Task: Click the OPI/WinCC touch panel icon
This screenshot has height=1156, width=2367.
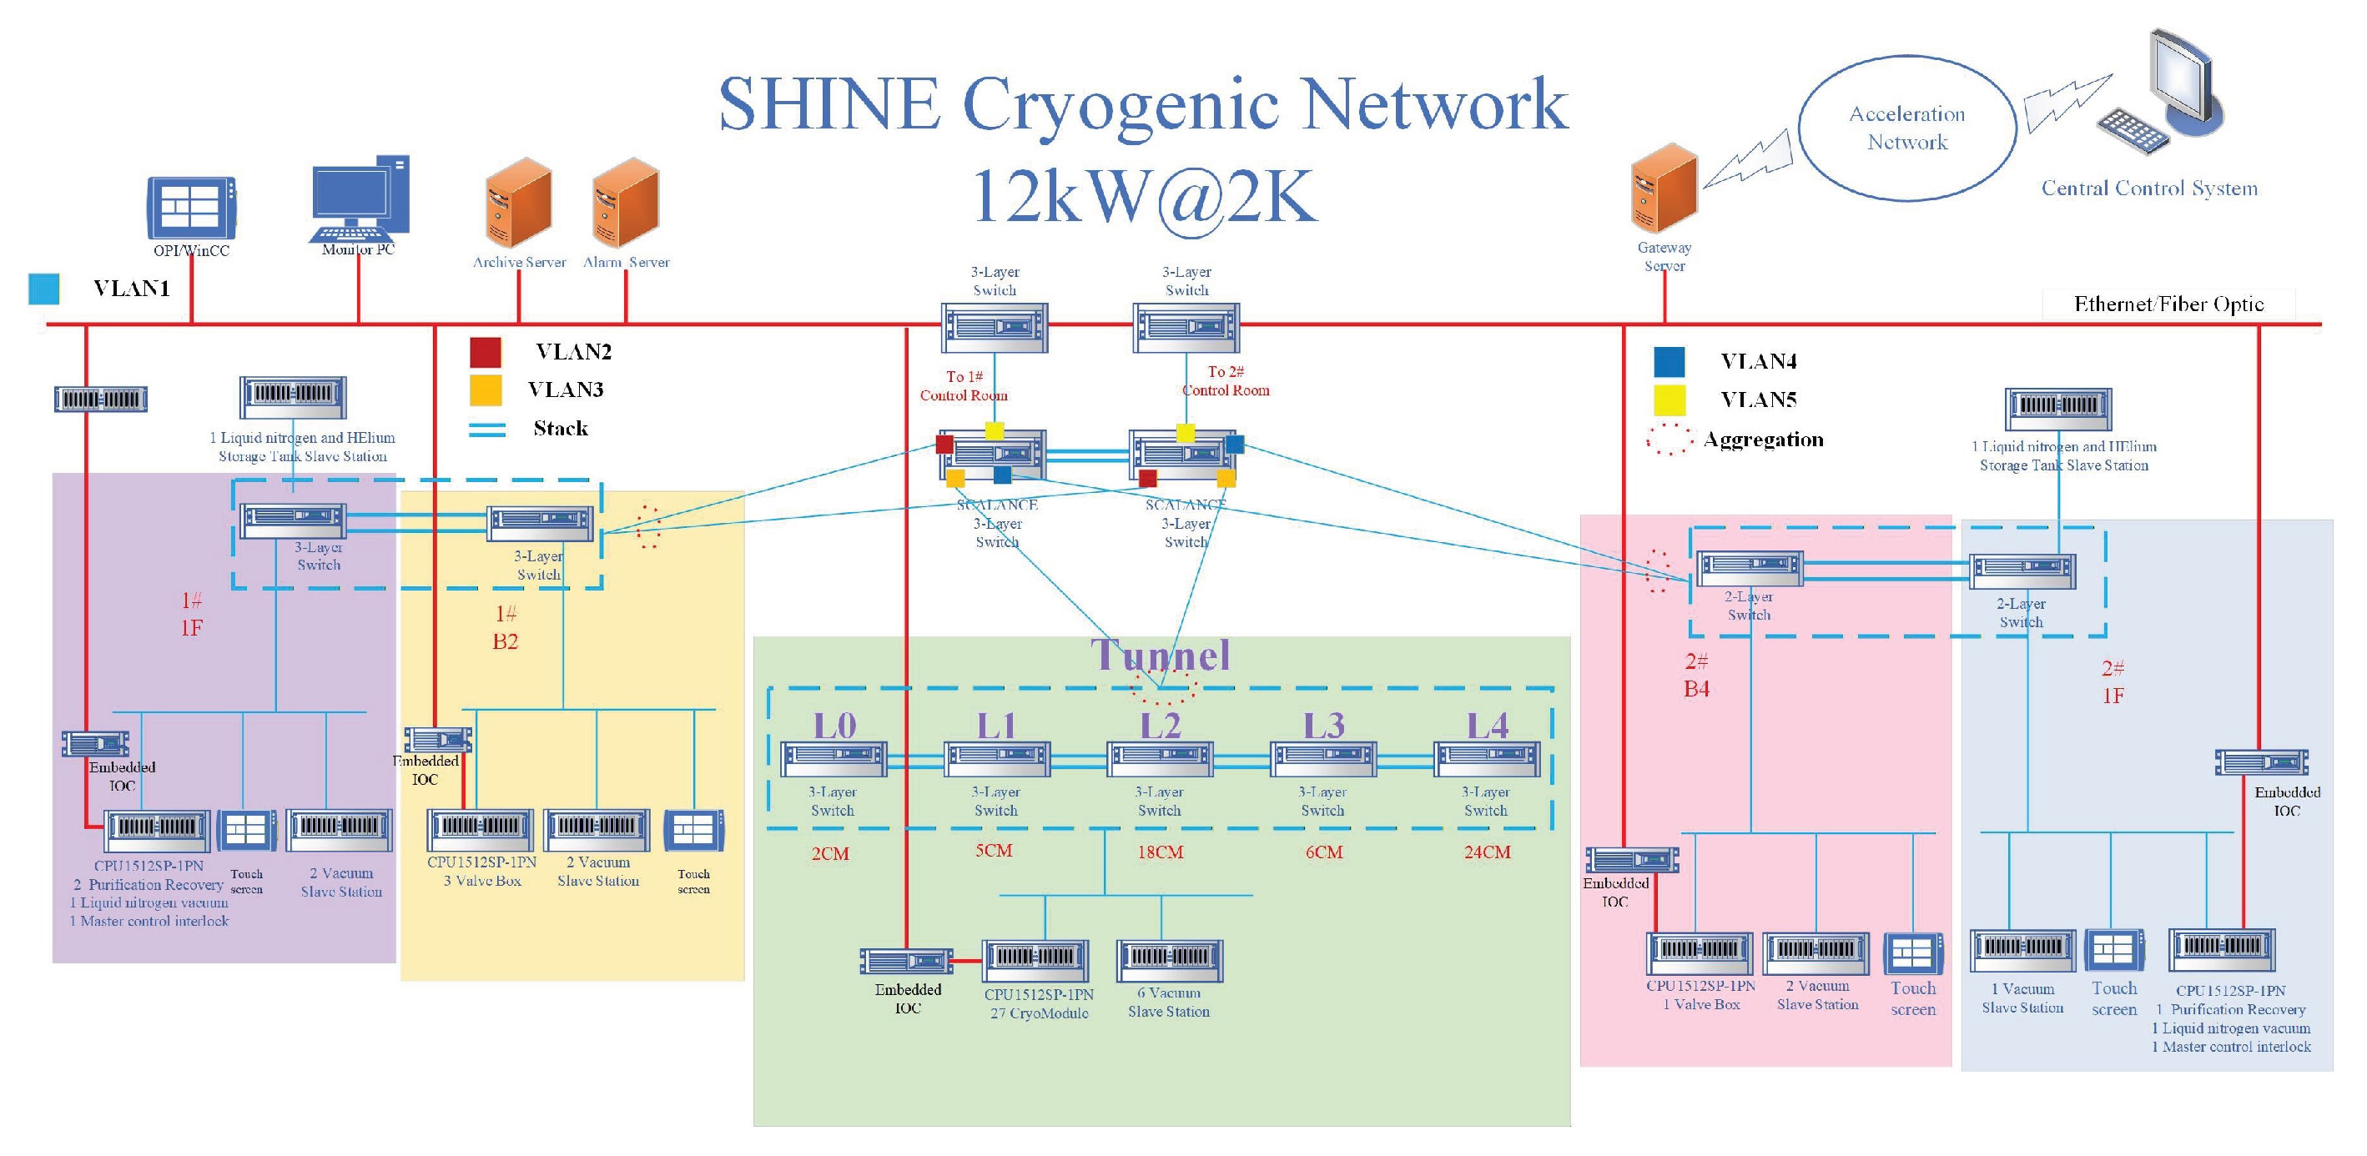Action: click(191, 208)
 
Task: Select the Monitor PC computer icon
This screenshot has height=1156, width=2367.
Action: click(360, 199)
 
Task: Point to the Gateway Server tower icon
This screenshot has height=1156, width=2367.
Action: click(1664, 188)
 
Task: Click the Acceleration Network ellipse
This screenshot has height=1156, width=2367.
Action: click(1906, 128)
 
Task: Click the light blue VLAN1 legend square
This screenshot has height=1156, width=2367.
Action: click(44, 289)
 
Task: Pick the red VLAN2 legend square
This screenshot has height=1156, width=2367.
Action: click(485, 352)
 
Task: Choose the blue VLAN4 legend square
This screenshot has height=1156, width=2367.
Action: click(1669, 362)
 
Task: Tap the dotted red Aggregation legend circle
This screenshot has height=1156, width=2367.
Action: click(1669, 440)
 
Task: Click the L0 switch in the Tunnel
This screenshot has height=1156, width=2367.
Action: click(833, 759)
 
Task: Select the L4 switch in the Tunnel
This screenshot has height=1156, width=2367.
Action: click(1487, 759)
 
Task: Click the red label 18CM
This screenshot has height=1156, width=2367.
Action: click(1160, 852)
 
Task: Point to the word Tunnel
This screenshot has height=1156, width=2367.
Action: click(1160, 656)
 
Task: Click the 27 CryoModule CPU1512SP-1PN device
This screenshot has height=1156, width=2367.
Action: click(1035, 959)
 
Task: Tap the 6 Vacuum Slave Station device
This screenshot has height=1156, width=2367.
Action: click(1169, 959)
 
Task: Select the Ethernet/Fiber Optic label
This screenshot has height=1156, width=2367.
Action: click(2168, 304)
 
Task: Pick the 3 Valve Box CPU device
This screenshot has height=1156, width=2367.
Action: click(480, 829)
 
